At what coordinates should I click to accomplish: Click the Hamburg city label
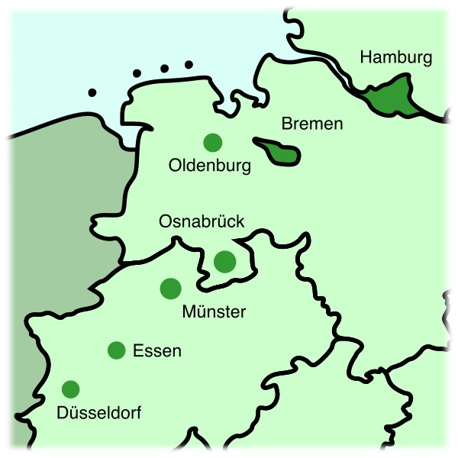tap(396, 57)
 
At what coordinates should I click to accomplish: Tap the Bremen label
tap(312, 123)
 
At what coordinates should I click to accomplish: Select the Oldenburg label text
tap(210, 165)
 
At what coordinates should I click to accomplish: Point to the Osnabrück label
tap(202, 221)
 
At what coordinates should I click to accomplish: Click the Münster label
tap(214, 312)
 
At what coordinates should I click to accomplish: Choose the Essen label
tap(157, 351)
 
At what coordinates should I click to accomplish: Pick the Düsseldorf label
tap(99, 413)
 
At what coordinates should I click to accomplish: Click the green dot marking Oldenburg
tap(212, 142)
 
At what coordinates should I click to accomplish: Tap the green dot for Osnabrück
tap(224, 262)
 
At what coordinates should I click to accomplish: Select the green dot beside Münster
tap(170, 289)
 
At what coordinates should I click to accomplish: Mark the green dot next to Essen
tap(117, 350)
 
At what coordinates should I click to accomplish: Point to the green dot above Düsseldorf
tap(70, 389)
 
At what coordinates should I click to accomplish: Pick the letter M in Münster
tap(189, 312)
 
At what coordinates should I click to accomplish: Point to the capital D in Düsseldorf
tap(63, 413)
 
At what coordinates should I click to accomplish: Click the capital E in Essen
tap(138, 351)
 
